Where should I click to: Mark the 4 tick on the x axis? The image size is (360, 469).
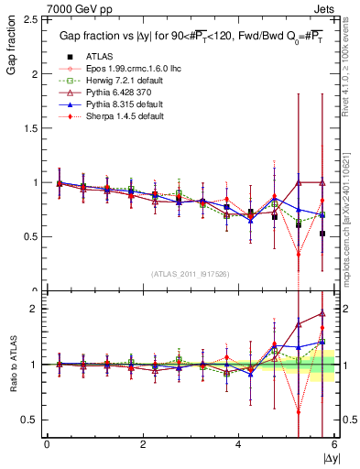point(238,444)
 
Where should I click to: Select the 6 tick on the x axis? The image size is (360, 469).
point(333,444)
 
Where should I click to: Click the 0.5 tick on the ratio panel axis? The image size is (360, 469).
point(30,420)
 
